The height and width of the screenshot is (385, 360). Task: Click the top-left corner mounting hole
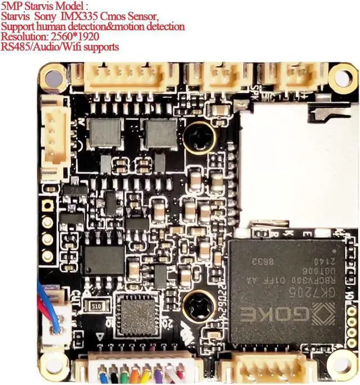[55, 79]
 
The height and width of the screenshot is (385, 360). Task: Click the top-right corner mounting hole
[343, 78]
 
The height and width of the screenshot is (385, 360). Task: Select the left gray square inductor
[103, 133]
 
